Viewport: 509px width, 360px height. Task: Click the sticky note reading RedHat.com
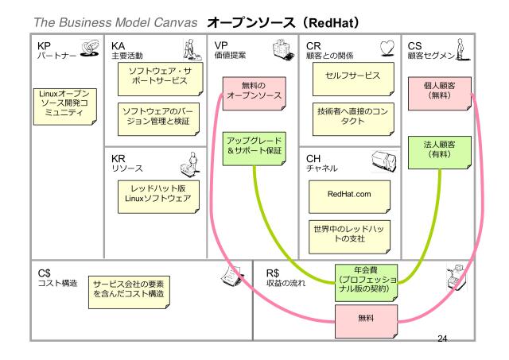tap(350, 193)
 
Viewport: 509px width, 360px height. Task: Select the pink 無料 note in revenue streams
tap(366, 319)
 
